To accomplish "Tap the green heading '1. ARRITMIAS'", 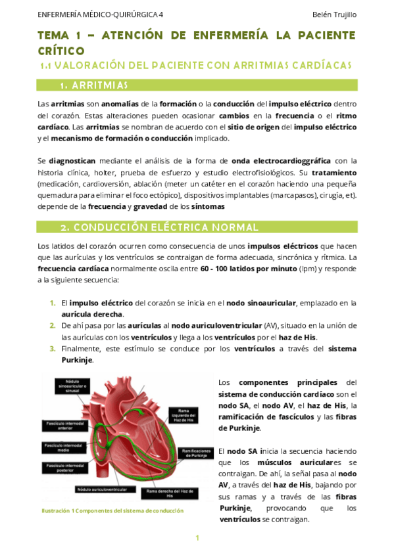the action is pyautogui.click(x=93, y=85).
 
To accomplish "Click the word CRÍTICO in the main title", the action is pyautogui.click(x=61, y=50).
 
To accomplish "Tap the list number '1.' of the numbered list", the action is pyautogui.click(x=53, y=303).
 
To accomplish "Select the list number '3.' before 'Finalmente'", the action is pyautogui.click(x=53, y=349).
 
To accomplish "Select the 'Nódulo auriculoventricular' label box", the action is pyautogui.click(x=102, y=489).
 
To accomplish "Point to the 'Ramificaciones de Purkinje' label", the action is pyautogui.click(x=195, y=453).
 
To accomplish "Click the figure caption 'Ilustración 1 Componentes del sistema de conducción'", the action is pyautogui.click(x=112, y=510).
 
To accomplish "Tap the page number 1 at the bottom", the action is pyautogui.click(x=197, y=538).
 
